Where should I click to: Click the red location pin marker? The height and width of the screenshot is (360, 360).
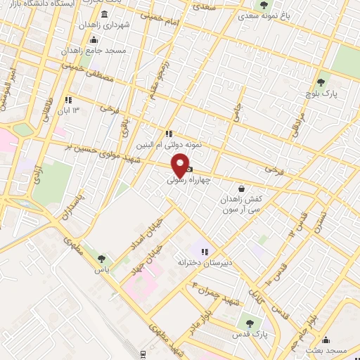[x=181, y=165]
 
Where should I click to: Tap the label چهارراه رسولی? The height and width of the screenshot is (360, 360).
[x=189, y=180]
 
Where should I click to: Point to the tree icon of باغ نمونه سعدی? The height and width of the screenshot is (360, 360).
[x=264, y=6]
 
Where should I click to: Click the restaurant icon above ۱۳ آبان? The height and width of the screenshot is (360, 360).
[x=68, y=100]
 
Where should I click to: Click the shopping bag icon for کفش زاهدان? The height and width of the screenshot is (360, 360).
[x=243, y=188]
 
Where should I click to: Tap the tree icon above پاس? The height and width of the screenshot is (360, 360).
[x=104, y=259]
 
